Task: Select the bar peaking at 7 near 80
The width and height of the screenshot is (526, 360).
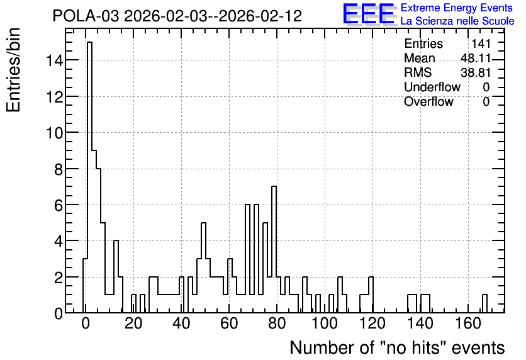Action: (x=274, y=249)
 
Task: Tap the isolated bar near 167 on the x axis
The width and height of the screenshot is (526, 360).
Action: (x=484, y=303)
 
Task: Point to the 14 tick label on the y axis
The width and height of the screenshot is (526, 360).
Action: (x=54, y=60)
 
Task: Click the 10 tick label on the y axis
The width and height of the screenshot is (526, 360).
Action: (x=54, y=133)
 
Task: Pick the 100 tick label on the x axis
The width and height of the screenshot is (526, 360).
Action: (x=325, y=323)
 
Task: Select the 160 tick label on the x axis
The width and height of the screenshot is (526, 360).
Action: (x=468, y=323)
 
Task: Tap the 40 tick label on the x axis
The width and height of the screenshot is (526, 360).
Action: (x=181, y=323)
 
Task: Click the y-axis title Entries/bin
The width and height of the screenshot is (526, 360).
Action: (x=13, y=70)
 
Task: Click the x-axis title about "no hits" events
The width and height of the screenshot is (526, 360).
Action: (x=397, y=347)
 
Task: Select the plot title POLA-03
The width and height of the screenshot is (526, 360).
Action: (x=86, y=16)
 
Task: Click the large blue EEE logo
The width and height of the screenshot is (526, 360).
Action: (x=369, y=14)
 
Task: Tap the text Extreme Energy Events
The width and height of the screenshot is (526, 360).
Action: (x=457, y=8)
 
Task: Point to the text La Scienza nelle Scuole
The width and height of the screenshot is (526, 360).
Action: (x=457, y=21)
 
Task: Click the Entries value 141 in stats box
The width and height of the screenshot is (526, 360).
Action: (x=481, y=43)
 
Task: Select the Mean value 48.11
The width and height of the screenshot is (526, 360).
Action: (x=476, y=59)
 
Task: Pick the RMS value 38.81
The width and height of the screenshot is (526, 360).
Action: (x=476, y=73)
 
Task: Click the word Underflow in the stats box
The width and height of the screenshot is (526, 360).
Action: (x=432, y=87)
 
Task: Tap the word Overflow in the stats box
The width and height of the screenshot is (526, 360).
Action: (x=428, y=102)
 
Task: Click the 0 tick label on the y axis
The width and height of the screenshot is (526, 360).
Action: (x=59, y=313)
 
